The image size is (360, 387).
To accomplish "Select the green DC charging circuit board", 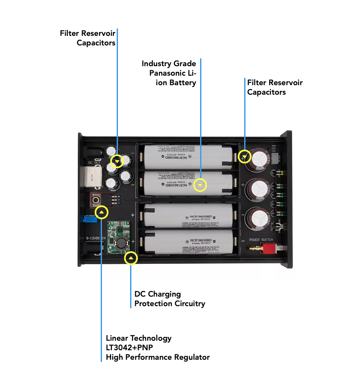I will [118, 238].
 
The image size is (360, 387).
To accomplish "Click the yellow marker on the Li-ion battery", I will [200, 186].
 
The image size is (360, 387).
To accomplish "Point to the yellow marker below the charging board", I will [131, 259].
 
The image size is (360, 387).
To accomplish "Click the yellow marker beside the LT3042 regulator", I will [102, 212].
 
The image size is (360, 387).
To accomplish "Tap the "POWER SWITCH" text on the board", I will [261, 240].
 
